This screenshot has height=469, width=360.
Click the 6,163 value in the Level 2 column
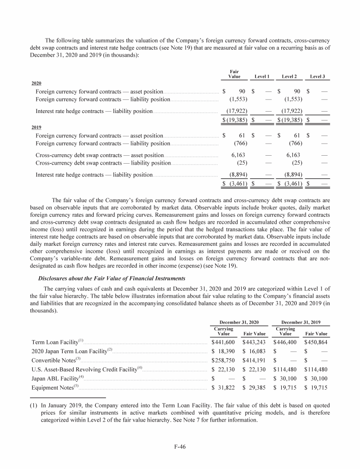[x=293, y=154]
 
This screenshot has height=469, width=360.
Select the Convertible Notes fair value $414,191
[x=255, y=360]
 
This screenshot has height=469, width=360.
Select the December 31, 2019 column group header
[x=300, y=322]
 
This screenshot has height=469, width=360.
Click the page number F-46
[x=180, y=447]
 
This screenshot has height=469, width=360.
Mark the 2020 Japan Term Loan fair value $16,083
[x=255, y=351]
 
